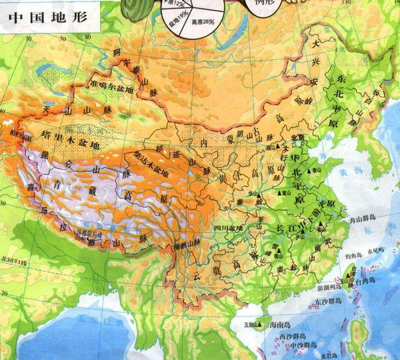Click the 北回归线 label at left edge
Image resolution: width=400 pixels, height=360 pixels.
[x=15, y=258]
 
